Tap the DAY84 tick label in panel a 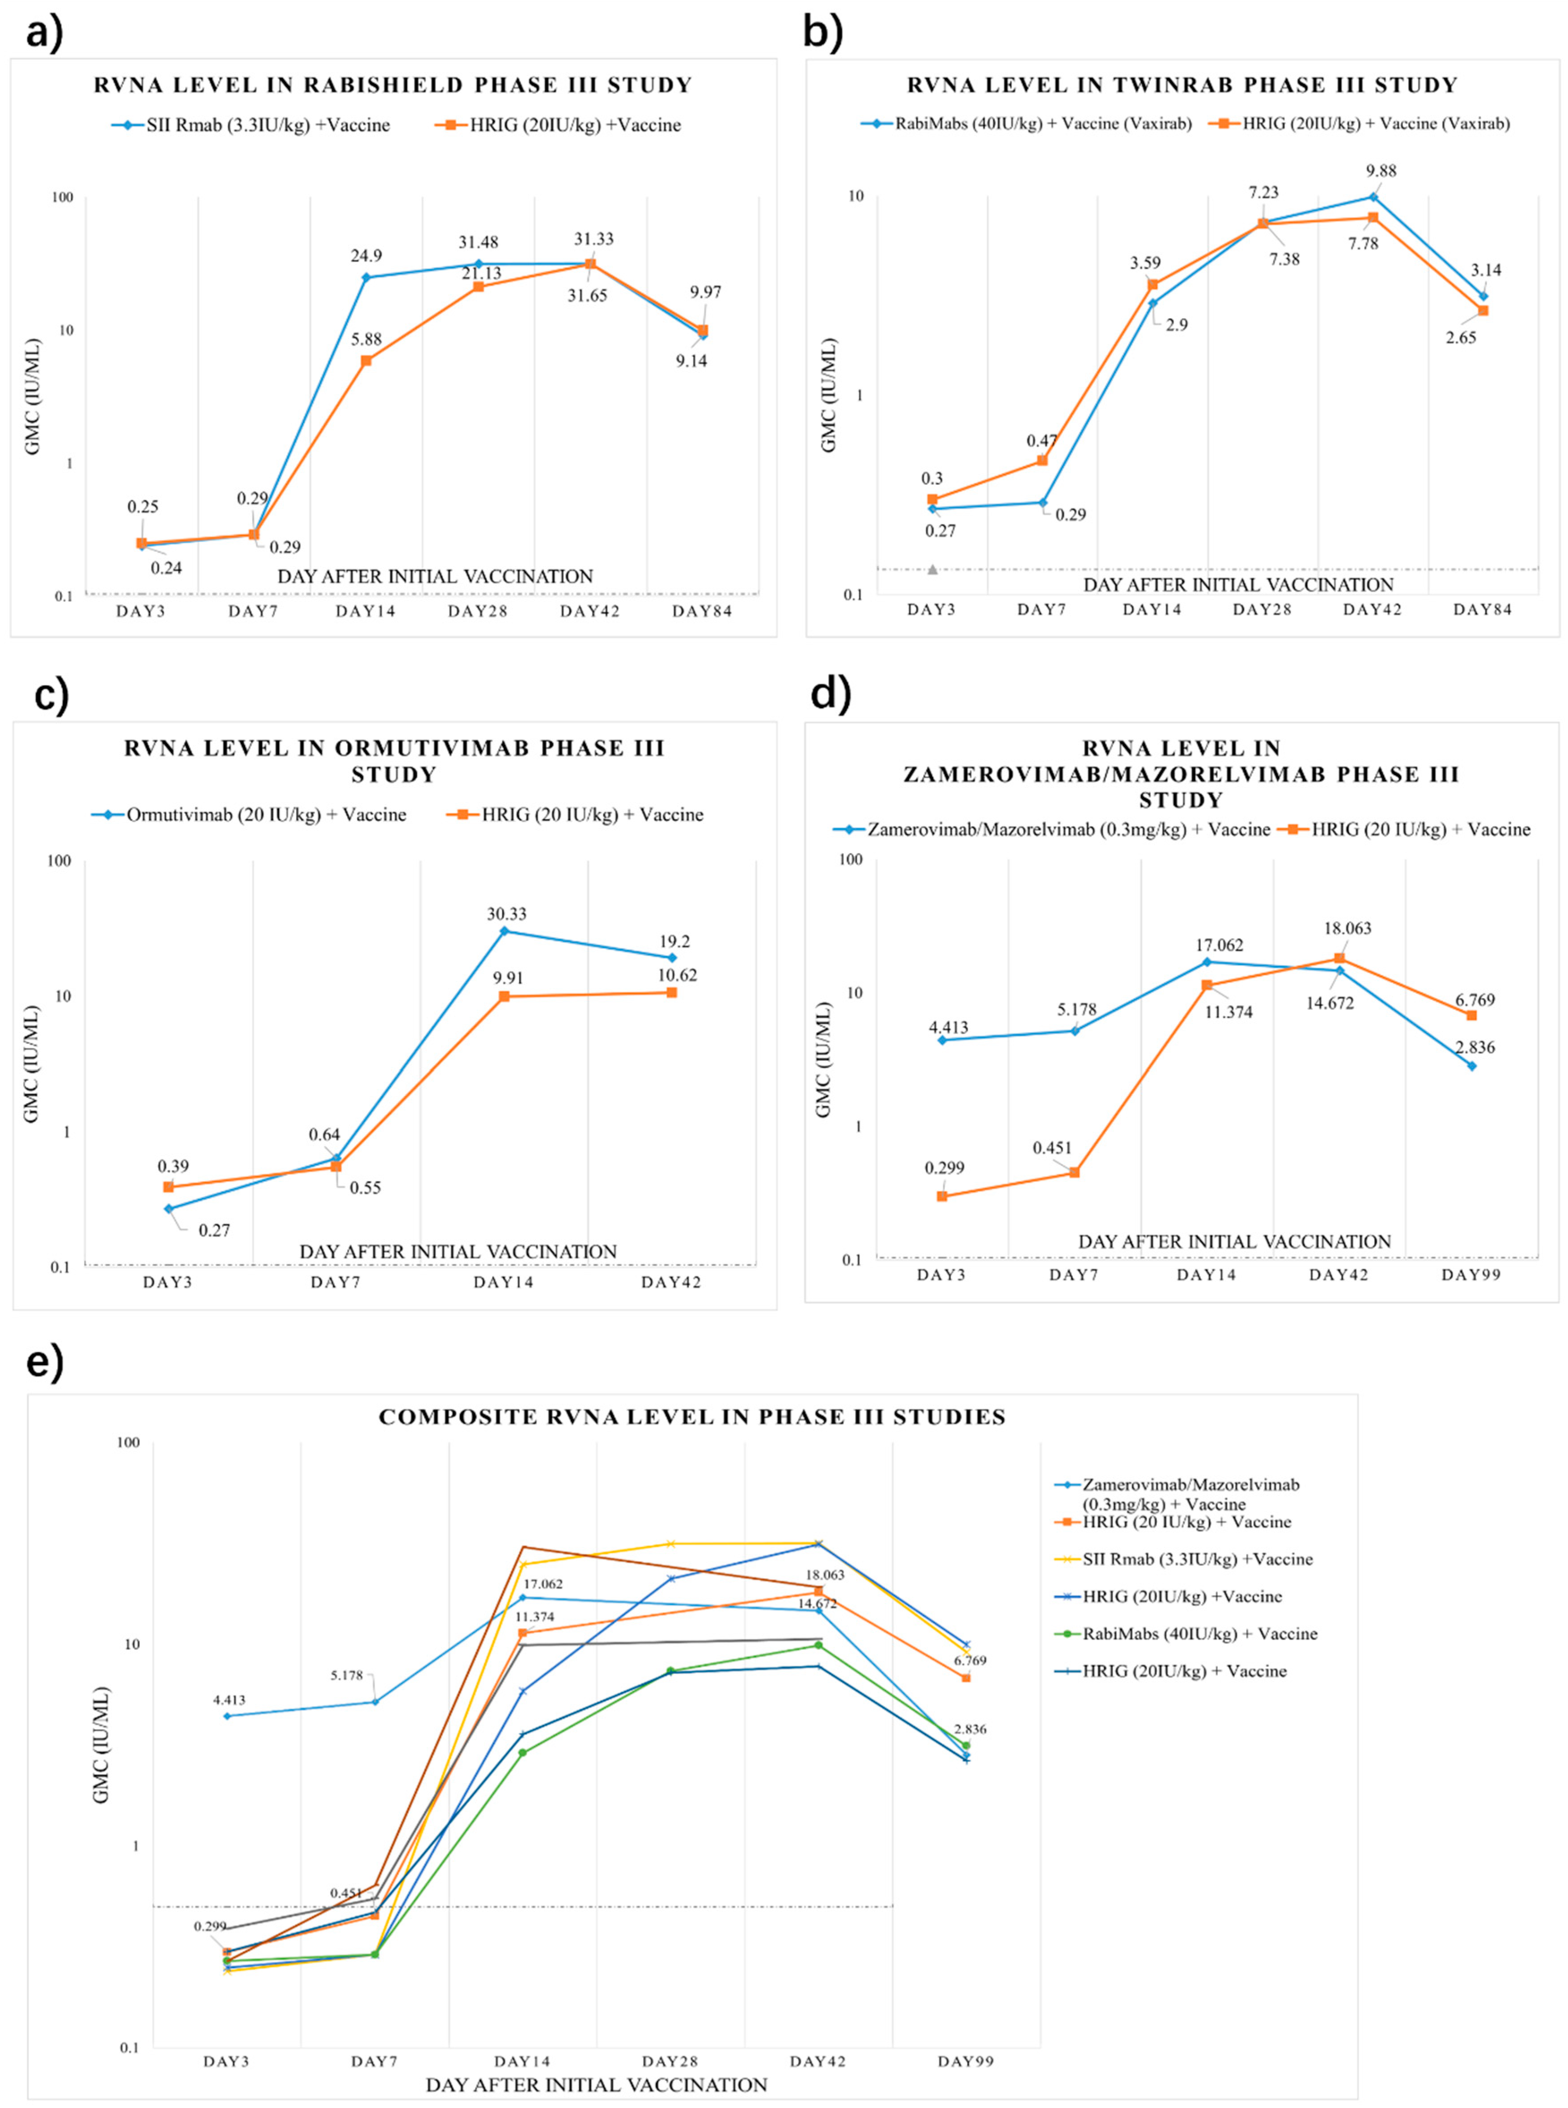pos(702,611)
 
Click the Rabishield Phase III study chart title pos(393,85)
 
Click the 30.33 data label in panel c pos(506,914)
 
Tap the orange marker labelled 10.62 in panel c pos(672,993)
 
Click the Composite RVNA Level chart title pos(692,1417)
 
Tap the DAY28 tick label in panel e pos(670,2061)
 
